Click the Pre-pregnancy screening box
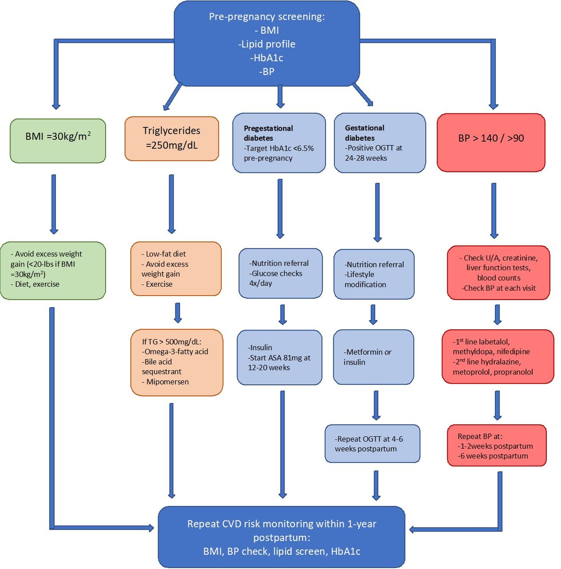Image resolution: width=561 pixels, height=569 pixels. click(267, 44)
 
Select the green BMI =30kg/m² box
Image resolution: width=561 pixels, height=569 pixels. click(58, 140)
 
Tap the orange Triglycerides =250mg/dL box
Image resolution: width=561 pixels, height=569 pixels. click(171, 138)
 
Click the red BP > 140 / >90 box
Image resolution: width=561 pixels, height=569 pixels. click(491, 142)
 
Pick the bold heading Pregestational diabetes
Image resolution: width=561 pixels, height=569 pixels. click(268, 133)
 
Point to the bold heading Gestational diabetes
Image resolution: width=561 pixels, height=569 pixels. click(364, 133)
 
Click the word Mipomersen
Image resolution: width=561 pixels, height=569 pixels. click(167, 382)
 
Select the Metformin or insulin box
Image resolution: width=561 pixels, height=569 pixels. click(373, 357)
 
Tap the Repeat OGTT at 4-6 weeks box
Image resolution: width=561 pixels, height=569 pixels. click(372, 444)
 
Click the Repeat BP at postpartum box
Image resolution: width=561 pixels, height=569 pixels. click(496, 445)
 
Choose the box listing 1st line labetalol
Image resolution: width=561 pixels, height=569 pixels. click(497, 357)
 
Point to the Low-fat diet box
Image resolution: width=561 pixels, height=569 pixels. click(176, 269)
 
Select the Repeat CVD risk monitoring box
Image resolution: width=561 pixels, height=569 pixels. click(281, 537)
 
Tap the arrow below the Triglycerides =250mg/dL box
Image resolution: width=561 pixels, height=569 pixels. click(171, 204)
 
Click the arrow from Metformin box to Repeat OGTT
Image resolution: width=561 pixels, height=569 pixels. click(376, 405)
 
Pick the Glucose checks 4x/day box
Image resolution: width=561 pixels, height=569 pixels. click(280, 273)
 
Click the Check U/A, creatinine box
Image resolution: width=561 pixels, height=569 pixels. click(498, 272)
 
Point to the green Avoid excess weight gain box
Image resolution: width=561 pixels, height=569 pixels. click(53, 270)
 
